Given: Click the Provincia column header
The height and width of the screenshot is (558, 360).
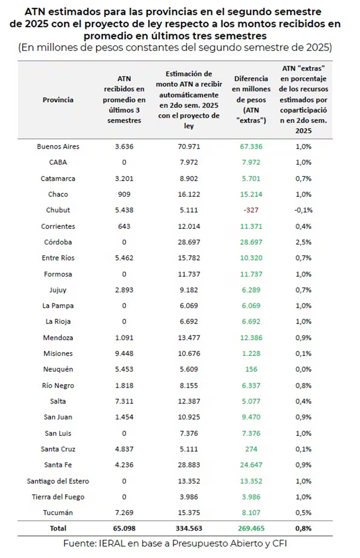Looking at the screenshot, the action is (58, 100).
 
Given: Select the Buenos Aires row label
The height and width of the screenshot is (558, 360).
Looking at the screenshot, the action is (58, 146).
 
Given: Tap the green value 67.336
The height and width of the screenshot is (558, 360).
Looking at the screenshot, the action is (251, 146).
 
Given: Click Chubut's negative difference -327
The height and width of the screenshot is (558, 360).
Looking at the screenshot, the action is (251, 210).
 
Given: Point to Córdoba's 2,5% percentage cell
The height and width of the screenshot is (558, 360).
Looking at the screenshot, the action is (303, 242).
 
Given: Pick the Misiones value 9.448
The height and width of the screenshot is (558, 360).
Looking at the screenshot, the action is (124, 354).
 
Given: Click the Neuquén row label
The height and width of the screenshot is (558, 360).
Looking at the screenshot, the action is (58, 369).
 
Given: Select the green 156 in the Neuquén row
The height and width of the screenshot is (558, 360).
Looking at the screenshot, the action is (251, 369).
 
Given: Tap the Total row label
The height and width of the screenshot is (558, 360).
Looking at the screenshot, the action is (58, 528).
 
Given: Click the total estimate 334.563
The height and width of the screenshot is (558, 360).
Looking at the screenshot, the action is (189, 528).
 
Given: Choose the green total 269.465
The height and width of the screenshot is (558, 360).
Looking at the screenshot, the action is (251, 528).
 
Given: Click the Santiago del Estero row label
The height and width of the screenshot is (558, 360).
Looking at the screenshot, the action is (58, 481).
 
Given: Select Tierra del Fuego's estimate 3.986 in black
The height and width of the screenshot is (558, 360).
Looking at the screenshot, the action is (189, 497).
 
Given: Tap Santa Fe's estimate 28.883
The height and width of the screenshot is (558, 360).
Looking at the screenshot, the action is (189, 465).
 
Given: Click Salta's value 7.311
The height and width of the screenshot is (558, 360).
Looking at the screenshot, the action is (124, 401).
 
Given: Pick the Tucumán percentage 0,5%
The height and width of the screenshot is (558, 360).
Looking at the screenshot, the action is (303, 513).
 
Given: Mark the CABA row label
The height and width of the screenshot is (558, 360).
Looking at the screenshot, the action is (58, 162).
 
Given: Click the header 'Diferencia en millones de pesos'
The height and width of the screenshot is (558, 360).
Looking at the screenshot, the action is (251, 89).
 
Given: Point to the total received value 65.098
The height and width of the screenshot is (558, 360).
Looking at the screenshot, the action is (124, 528).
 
